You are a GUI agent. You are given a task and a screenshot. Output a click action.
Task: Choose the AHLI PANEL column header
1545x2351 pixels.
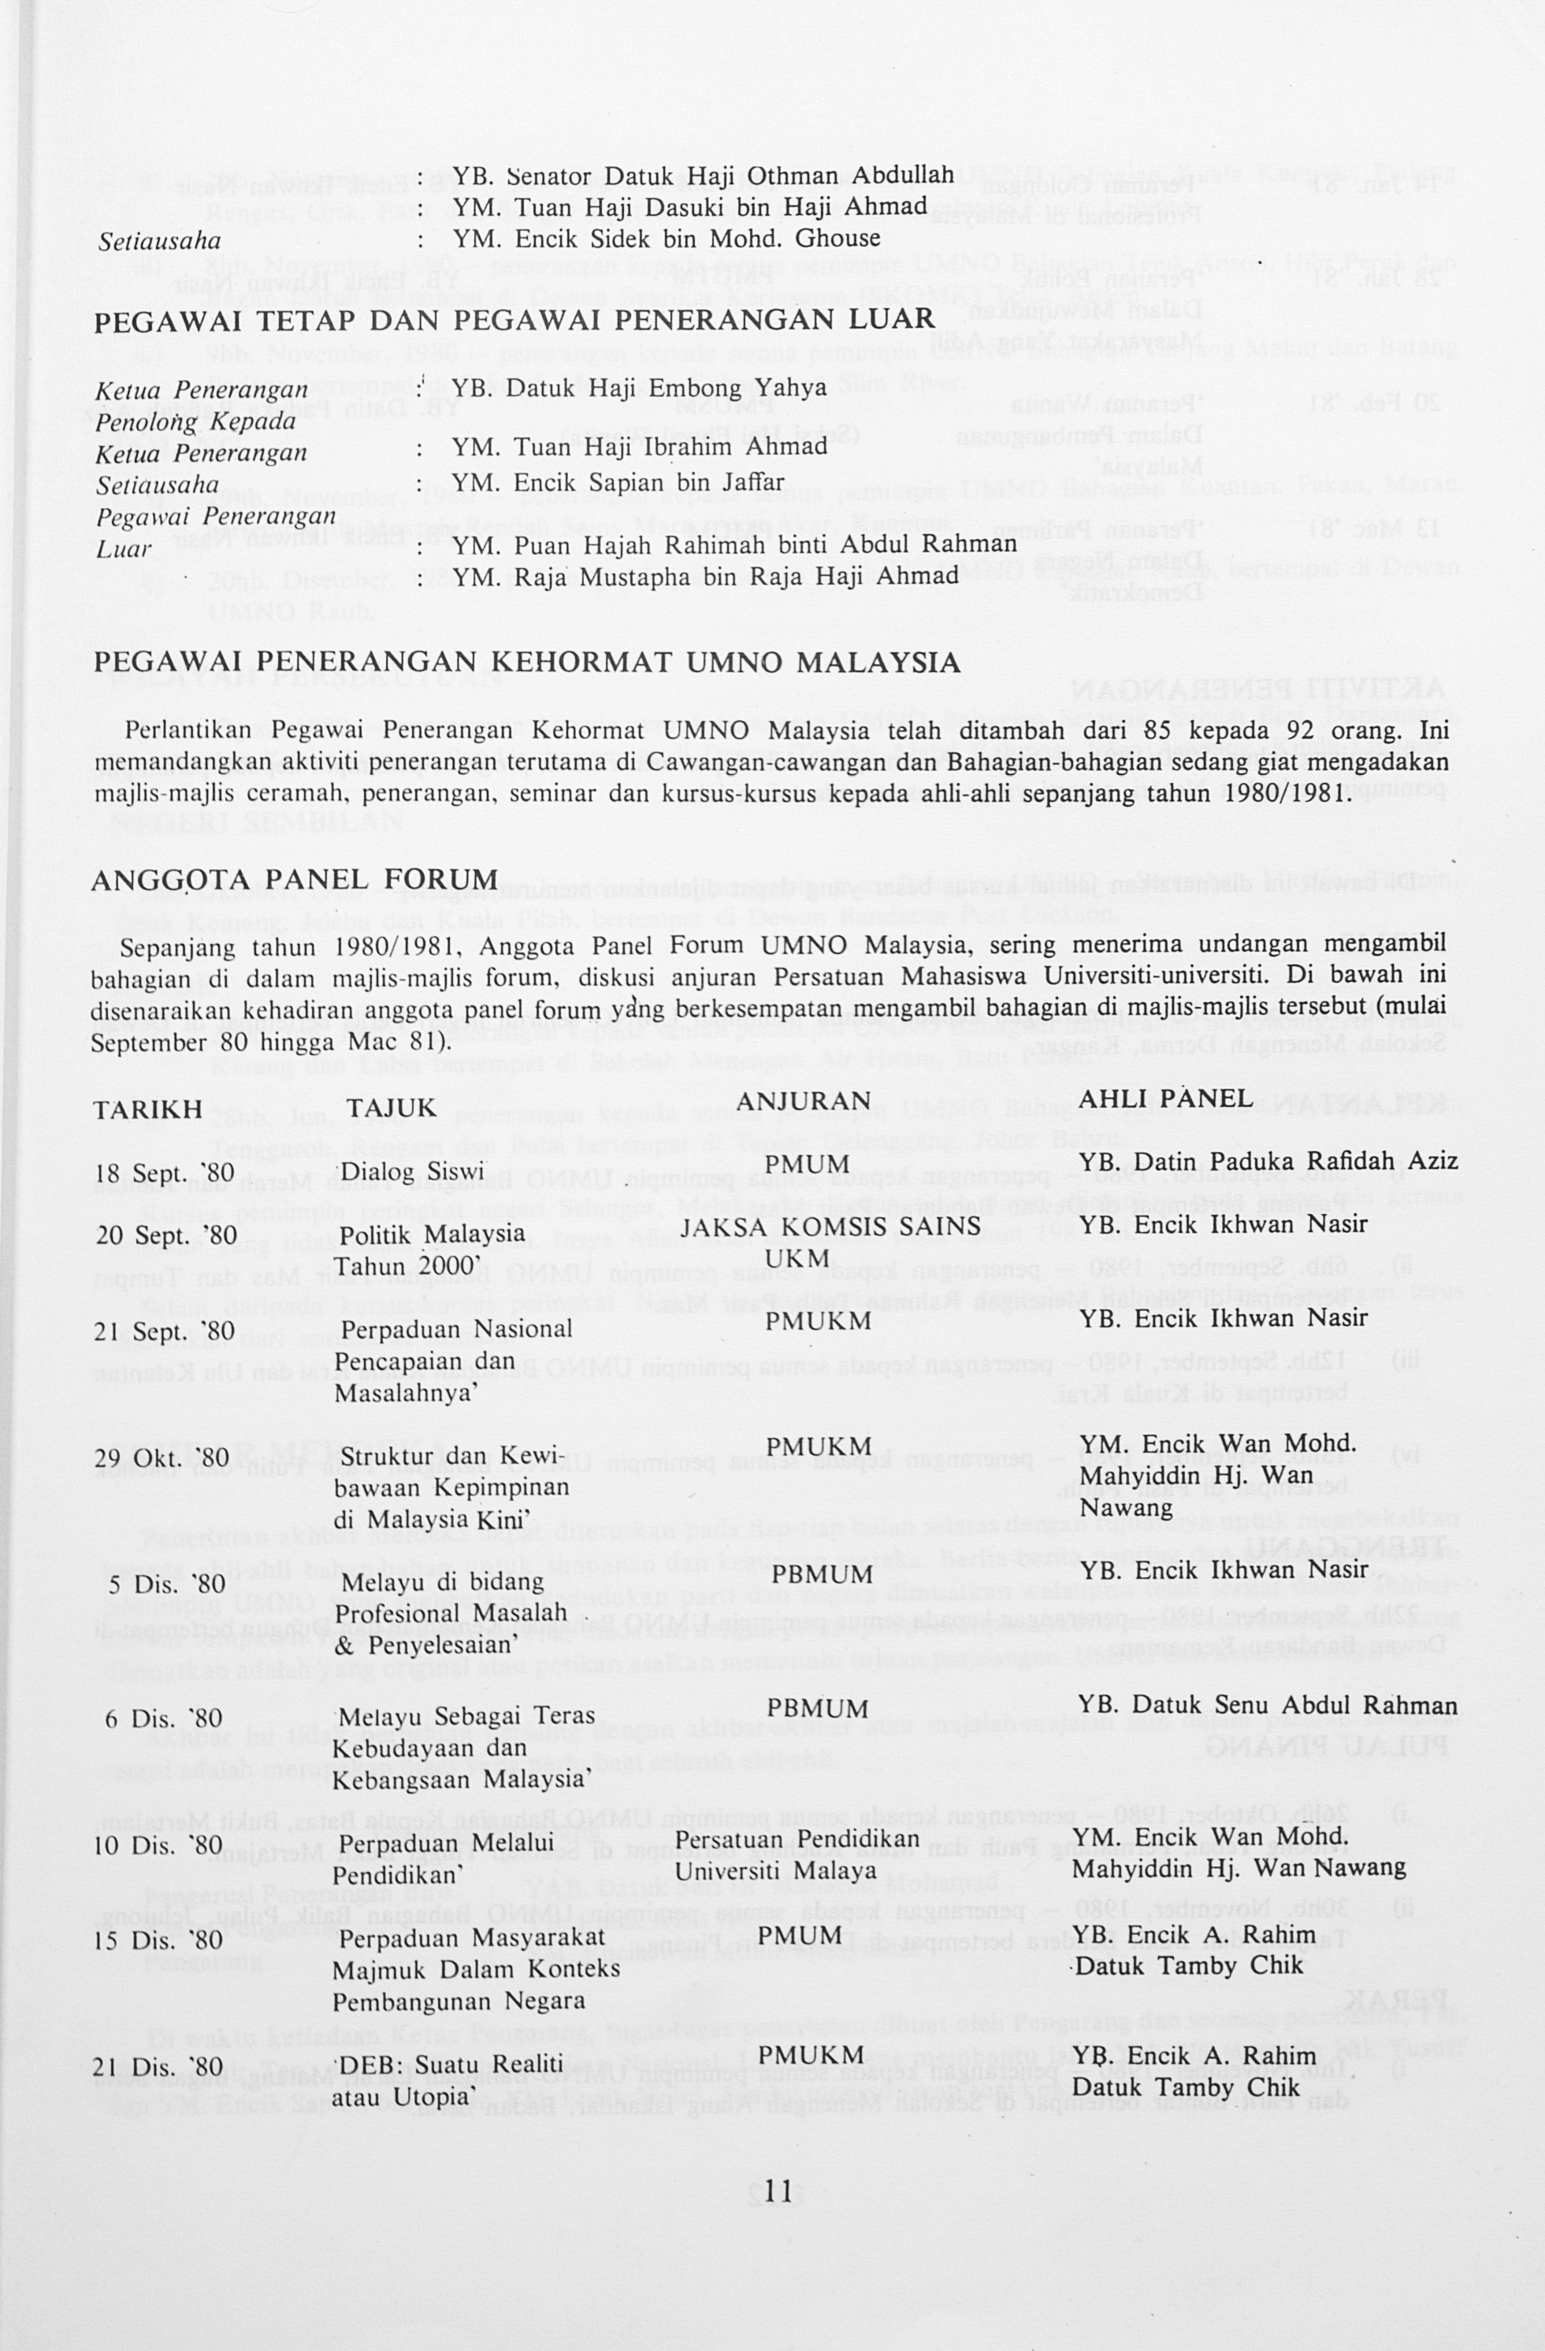tap(1166, 1098)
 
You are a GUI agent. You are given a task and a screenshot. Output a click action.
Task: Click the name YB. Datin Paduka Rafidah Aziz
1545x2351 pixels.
tap(1268, 1163)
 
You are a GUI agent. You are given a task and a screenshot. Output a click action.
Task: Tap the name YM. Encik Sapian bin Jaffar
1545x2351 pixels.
tap(618, 482)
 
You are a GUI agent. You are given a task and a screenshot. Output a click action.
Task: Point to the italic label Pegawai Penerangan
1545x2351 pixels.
tap(215, 517)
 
